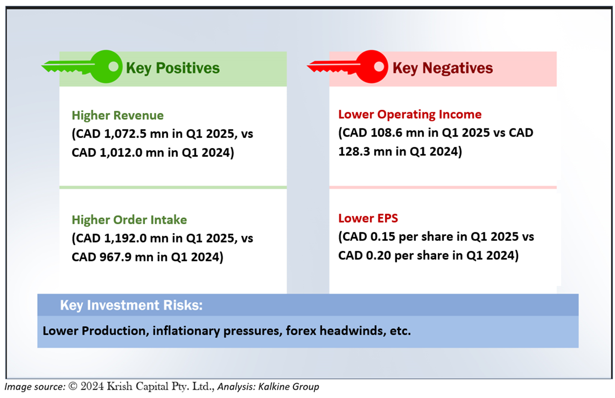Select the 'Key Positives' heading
[x=173, y=68]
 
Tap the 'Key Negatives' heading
[x=443, y=68]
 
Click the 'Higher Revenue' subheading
[x=118, y=115]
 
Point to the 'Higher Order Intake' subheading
[x=129, y=220]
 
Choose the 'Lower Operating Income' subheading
[x=410, y=114]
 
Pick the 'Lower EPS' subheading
[x=368, y=218]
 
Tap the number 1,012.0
[x=121, y=153]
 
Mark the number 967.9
[x=115, y=257]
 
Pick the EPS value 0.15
[x=383, y=237]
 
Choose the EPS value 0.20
[x=378, y=255]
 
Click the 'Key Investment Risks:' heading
[x=131, y=305]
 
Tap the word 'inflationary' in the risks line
[x=186, y=331]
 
